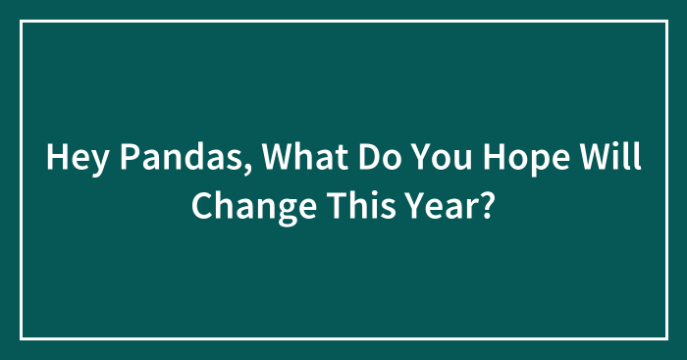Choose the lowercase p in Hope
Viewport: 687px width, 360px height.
[525, 162]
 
